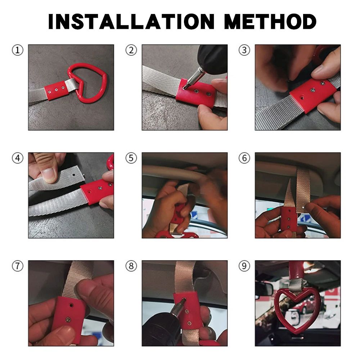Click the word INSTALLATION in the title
pyautogui.click(x=131, y=22)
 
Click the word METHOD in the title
pyautogui.click(x=270, y=22)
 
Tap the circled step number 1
pyautogui.click(x=18, y=50)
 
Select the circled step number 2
pyautogui.click(x=131, y=50)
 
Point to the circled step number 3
pyautogui.click(x=244, y=50)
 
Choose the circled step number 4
pyautogui.click(x=18, y=158)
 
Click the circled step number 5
pyautogui.click(x=131, y=158)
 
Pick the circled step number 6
pyautogui.click(x=244, y=158)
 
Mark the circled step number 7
pyautogui.click(x=18, y=266)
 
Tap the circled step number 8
pyautogui.click(x=131, y=266)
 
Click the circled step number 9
pyautogui.click(x=244, y=266)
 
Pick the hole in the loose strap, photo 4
pyautogui.click(x=74, y=175)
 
